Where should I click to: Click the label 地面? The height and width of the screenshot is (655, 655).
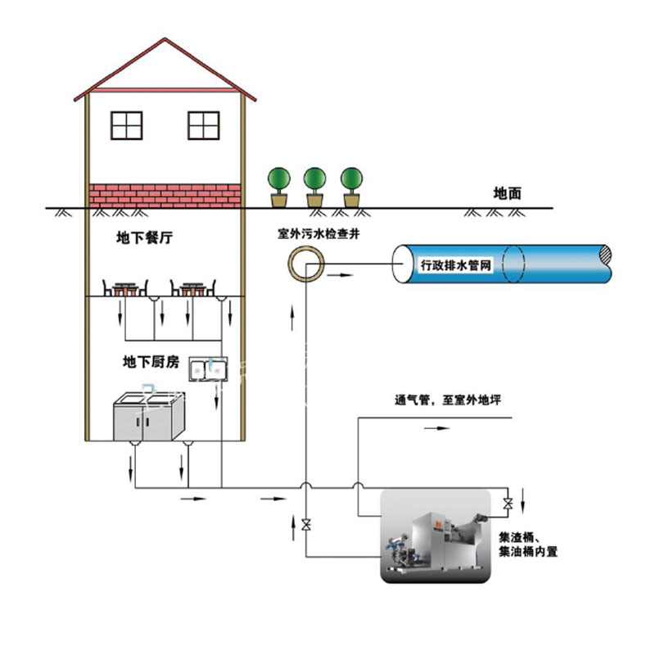pos(508,194)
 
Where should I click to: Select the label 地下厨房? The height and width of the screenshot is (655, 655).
pos(151,361)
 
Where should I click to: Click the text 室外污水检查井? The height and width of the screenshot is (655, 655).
pos(318,233)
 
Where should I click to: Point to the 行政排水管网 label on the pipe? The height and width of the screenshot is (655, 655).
pos(454,265)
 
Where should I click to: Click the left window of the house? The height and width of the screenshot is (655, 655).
pos(128,124)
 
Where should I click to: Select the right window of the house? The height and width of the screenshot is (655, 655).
pos(204,124)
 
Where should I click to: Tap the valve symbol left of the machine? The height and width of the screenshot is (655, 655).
pos(305,524)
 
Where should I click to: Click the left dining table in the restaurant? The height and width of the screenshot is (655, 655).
pos(124,288)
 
